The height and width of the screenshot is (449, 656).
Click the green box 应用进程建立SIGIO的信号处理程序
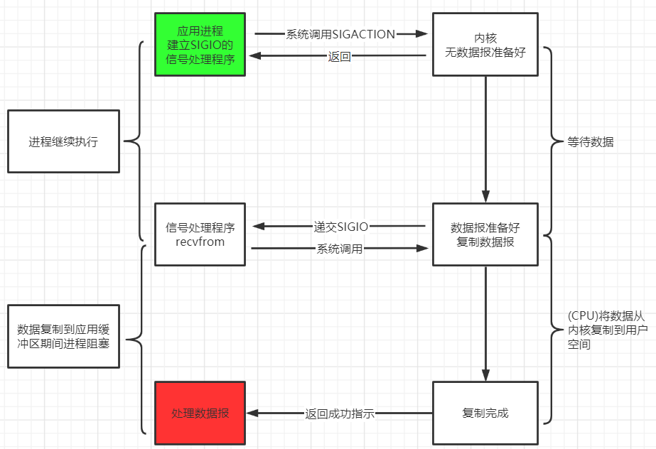coord(200,44)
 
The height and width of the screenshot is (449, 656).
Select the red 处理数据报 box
coord(200,413)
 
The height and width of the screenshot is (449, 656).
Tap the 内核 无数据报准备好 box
coord(485,44)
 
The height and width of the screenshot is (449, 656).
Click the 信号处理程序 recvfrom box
coord(200,234)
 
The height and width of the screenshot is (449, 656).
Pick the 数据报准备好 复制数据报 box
coord(485,234)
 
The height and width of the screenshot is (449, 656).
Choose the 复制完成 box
coord(485,413)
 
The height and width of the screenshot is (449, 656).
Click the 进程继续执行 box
coord(63,141)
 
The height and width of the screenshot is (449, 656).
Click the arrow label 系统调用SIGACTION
coord(340,33)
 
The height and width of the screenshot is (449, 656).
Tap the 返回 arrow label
coord(339,57)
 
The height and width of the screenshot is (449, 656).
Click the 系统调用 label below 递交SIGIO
coord(340,249)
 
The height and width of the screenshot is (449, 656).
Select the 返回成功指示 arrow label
coord(340,413)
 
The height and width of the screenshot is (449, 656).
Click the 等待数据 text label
coord(591,142)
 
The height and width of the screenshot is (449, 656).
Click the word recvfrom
coord(200,242)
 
